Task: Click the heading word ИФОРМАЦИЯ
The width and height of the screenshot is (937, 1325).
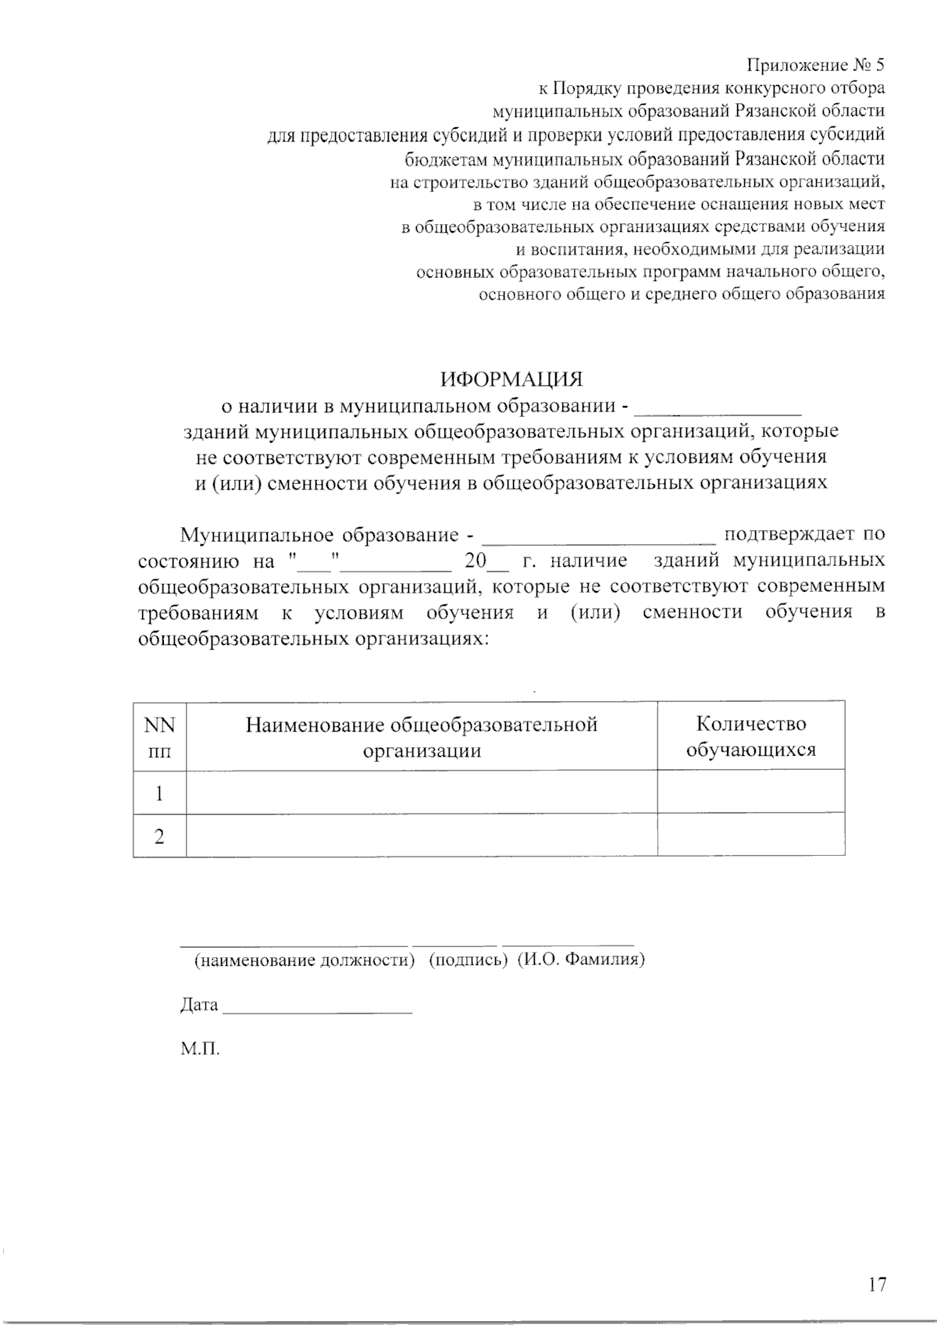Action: pyautogui.click(x=511, y=379)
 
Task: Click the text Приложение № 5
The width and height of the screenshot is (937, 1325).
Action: pyautogui.click(x=816, y=65)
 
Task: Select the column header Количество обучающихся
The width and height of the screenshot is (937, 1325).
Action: pyautogui.click(x=750, y=737)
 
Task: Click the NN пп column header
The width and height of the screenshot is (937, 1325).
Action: pyautogui.click(x=159, y=737)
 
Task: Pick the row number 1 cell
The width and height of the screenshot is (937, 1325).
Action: pyautogui.click(x=159, y=794)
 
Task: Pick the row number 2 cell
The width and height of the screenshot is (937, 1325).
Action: pyautogui.click(x=159, y=837)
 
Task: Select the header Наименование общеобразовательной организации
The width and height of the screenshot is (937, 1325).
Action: pyautogui.click(x=422, y=737)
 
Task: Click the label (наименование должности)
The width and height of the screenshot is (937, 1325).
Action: pyautogui.click(x=304, y=960)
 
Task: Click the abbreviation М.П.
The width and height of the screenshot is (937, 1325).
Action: pyautogui.click(x=200, y=1049)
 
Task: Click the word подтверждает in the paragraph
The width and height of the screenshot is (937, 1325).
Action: pyautogui.click(x=788, y=535)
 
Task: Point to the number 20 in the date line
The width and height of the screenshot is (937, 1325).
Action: pyautogui.click(x=474, y=561)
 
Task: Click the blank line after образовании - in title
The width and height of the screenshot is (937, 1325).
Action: pyautogui.click(x=719, y=408)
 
